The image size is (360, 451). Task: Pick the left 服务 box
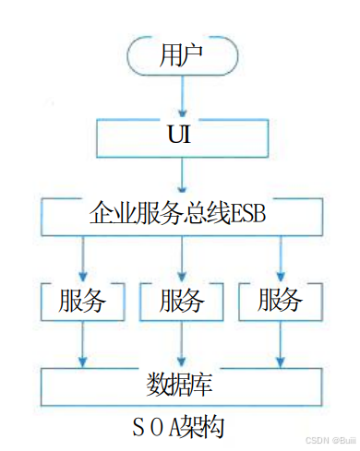tap(82, 300)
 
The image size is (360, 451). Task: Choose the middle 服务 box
tap(181, 300)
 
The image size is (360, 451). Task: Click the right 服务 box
tap(280, 300)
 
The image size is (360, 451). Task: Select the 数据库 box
tap(181, 381)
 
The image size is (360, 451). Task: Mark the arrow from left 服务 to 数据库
tap(82, 341)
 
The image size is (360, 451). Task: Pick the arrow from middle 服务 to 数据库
tap(181, 341)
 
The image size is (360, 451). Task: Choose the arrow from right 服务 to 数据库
tap(280, 341)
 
